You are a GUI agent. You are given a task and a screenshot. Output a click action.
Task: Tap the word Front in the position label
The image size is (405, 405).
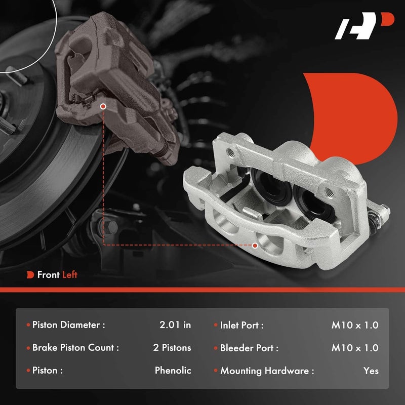point(48,275)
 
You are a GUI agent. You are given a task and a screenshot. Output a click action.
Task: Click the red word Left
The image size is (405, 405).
point(70,275)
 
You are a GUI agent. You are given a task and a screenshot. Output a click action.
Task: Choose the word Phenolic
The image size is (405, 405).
point(173,371)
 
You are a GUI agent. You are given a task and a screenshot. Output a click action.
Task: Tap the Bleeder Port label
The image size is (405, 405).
point(249,348)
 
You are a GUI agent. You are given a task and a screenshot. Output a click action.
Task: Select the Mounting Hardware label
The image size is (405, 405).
point(267,371)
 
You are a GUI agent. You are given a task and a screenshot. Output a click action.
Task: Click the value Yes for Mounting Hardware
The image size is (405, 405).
point(371,371)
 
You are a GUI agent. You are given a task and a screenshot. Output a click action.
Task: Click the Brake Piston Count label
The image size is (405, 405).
point(75,348)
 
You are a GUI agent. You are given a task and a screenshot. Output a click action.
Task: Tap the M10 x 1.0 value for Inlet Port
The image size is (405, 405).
point(355,326)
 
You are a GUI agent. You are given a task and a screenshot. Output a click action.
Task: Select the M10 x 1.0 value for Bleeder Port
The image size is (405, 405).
point(355,348)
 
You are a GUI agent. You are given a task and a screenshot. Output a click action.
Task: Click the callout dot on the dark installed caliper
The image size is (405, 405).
point(103,107)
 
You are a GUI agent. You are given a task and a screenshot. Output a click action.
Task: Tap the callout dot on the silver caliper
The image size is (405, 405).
point(255,245)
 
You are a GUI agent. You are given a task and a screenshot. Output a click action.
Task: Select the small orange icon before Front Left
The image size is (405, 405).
point(30,275)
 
